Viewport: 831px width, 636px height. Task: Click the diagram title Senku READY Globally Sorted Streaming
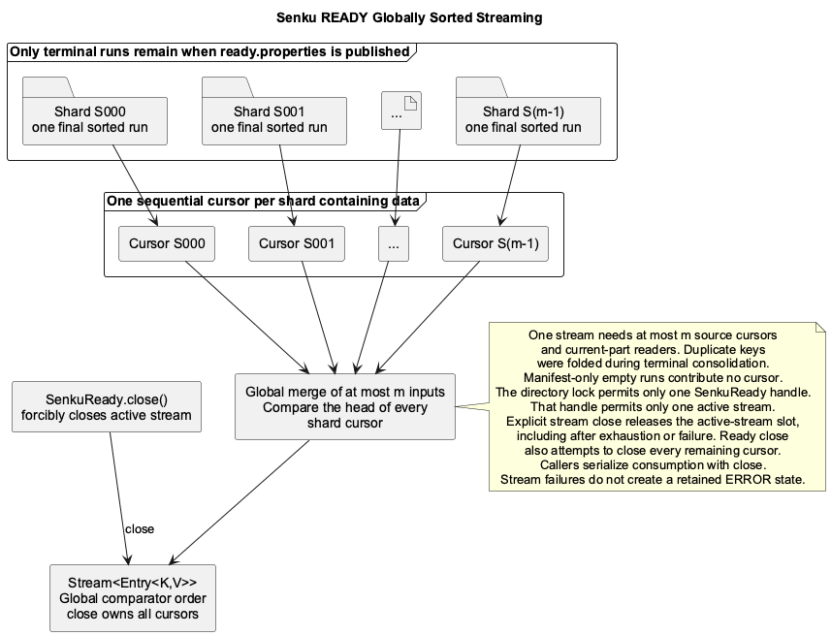409,17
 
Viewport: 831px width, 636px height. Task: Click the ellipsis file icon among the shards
401,111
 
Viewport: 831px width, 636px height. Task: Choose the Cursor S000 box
167,243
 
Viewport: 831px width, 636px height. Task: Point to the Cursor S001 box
297,243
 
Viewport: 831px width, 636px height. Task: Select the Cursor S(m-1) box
495,243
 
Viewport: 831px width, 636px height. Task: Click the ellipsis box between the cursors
394,243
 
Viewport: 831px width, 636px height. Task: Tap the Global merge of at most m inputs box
345,406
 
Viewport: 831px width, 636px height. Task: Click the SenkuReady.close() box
107,406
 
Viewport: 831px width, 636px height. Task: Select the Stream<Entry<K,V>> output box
133,598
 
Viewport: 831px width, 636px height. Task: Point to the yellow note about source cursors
657,406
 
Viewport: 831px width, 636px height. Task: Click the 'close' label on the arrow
140,529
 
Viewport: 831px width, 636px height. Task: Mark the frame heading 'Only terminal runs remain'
209,51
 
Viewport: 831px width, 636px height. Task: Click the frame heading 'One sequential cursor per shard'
263,201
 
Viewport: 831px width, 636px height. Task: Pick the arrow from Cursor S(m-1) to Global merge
428,317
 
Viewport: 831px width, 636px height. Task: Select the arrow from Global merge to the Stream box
239,502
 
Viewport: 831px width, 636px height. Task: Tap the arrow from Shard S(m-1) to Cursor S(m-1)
509,185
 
